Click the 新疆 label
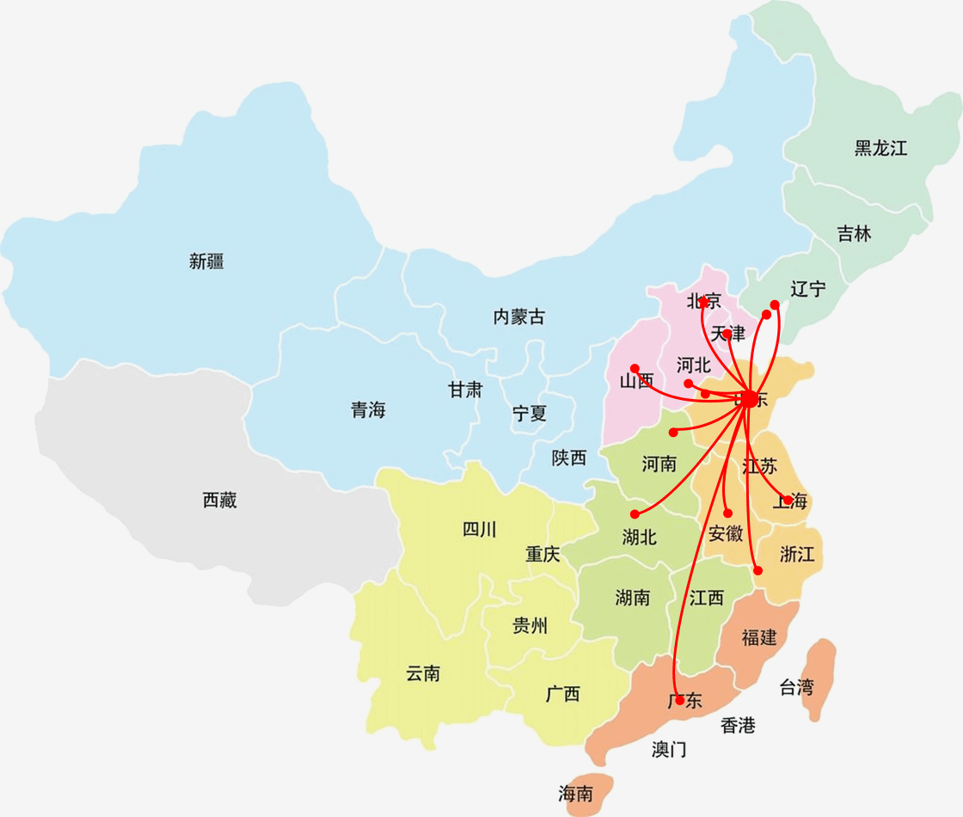pyautogui.click(x=206, y=261)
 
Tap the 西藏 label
pyautogui.click(x=219, y=500)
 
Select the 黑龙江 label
pyautogui.click(x=880, y=148)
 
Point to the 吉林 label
pyautogui.click(x=854, y=233)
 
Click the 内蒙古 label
pyautogui.click(x=518, y=316)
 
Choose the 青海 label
pyautogui.click(x=368, y=410)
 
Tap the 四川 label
pyautogui.click(x=479, y=529)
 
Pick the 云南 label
pyautogui.click(x=423, y=673)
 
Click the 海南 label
pyautogui.click(x=575, y=794)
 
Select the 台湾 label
pyautogui.click(x=795, y=687)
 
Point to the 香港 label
pyautogui.click(x=738, y=725)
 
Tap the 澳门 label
pyautogui.click(x=669, y=749)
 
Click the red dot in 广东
pyautogui.click(x=679, y=700)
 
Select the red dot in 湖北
pyautogui.click(x=635, y=513)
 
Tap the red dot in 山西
pyautogui.click(x=635, y=368)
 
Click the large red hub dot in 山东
pyautogui.click(x=749, y=398)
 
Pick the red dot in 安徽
pyautogui.click(x=727, y=513)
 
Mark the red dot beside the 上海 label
pyautogui.click(x=788, y=500)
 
